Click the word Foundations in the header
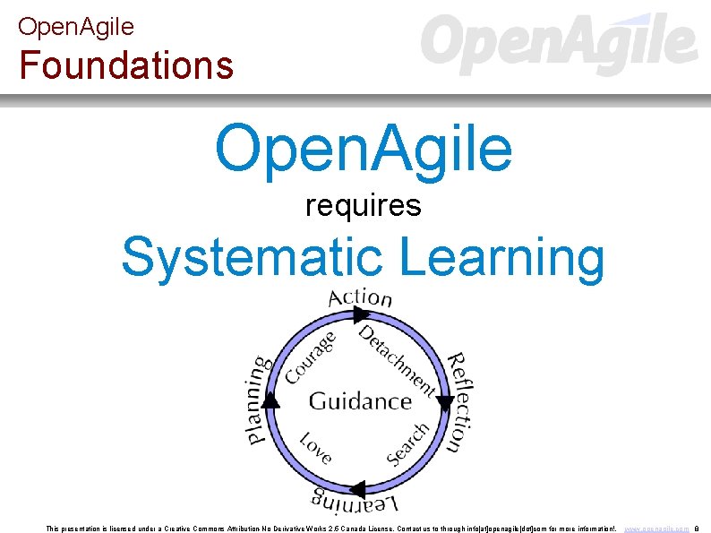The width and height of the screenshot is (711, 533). [126, 64]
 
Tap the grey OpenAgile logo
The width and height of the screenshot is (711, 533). [559, 44]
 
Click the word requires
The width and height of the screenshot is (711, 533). [363, 206]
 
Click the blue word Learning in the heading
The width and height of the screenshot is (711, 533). [502, 257]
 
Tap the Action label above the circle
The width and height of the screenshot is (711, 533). [361, 297]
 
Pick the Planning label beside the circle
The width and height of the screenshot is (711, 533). [257, 400]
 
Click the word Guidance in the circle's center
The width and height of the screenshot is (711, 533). [360, 400]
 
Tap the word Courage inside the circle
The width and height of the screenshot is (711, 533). [310, 356]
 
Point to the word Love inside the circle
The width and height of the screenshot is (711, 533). [315, 446]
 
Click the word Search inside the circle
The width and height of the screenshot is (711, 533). [407, 443]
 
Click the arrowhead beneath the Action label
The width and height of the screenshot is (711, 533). [361, 314]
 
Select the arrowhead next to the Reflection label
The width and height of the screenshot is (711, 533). [444, 403]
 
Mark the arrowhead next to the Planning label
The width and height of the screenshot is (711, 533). [271, 400]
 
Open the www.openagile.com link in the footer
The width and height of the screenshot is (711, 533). [655, 529]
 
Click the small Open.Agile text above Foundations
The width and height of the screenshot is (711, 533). [76, 27]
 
